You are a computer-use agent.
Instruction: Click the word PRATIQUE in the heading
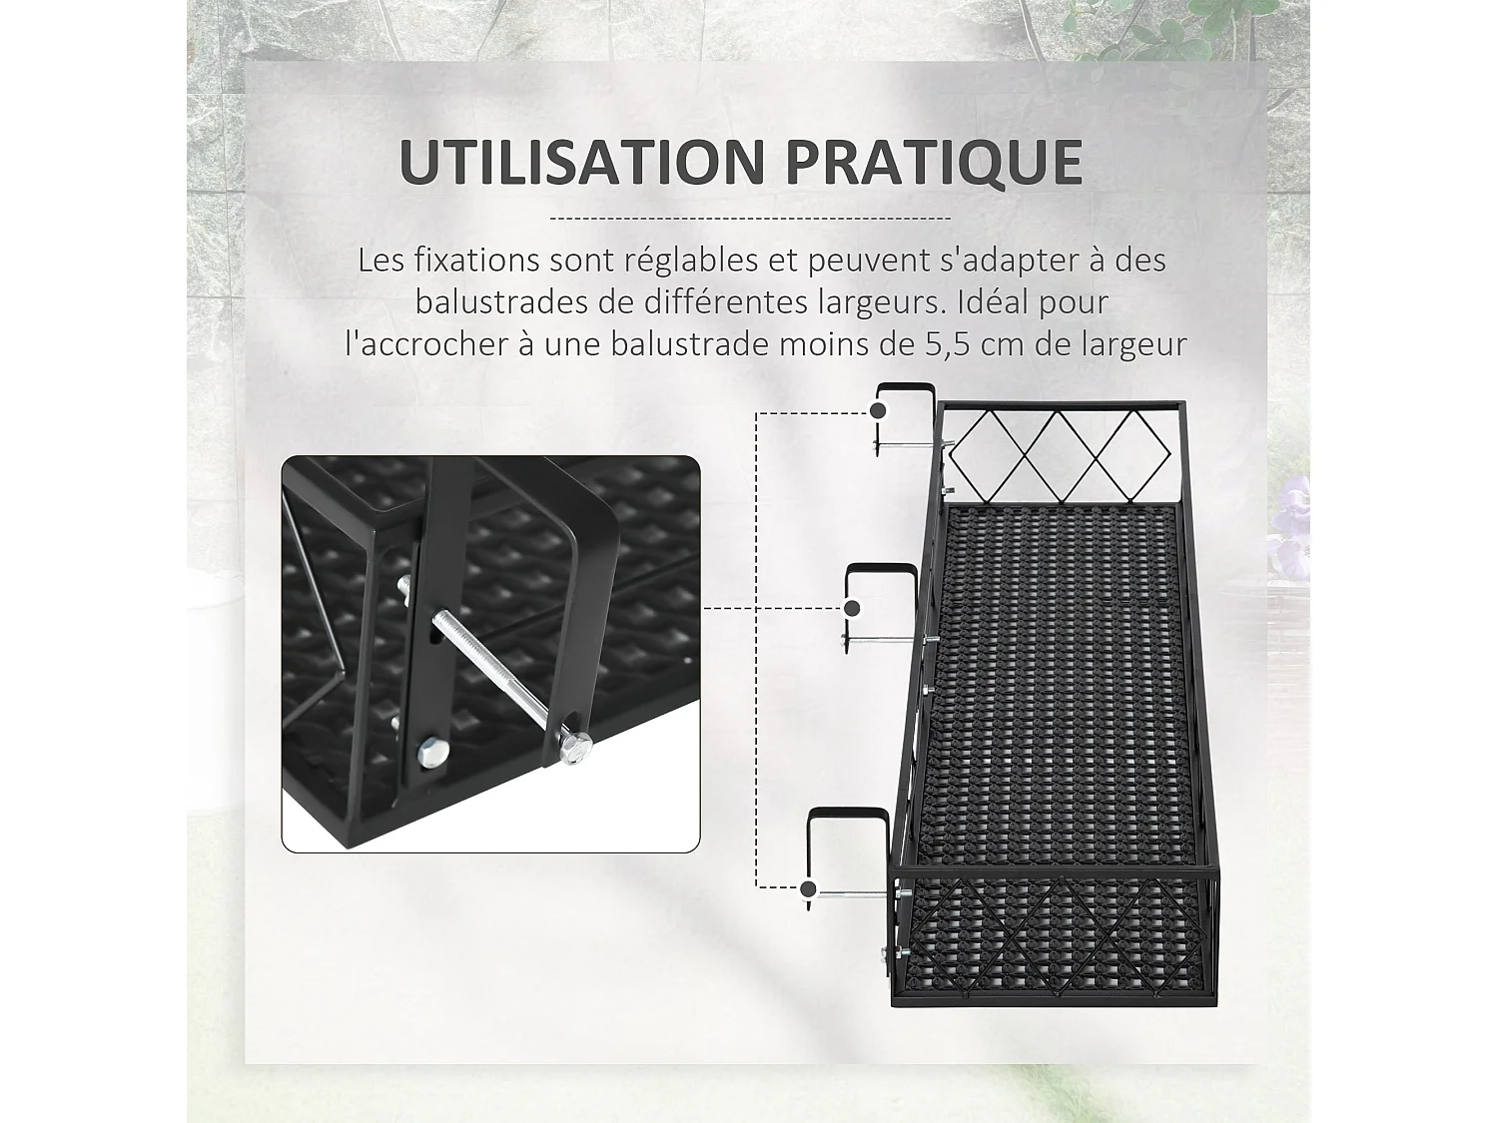(x=933, y=162)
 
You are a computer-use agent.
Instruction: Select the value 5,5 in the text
(x=941, y=344)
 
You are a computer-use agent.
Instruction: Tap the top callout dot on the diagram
(x=878, y=411)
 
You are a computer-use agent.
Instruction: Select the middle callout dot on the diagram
(x=852, y=608)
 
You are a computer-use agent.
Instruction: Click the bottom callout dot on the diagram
(x=809, y=888)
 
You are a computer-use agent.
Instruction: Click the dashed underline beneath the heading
(x=750, y=218)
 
